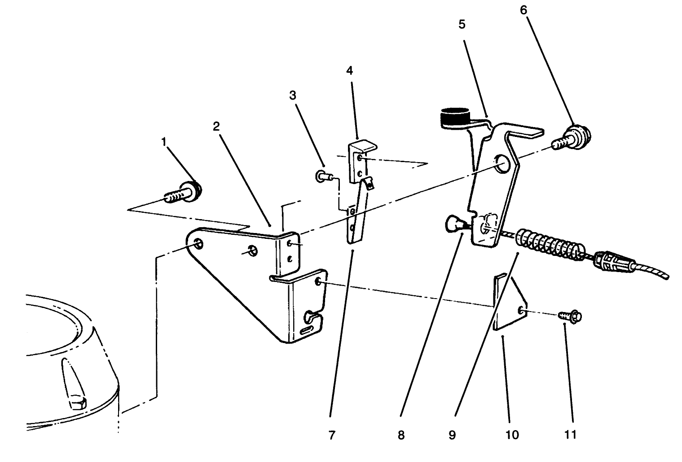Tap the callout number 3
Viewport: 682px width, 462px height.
292,95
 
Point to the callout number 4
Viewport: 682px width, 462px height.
349,70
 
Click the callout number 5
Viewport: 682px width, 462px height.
462,24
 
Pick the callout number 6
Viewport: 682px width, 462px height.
524,10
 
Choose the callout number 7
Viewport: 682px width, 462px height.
331,435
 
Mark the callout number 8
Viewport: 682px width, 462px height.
401,435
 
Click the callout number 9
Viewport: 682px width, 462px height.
452,435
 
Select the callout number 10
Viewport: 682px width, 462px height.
512,435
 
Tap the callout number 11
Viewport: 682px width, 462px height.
571,435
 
